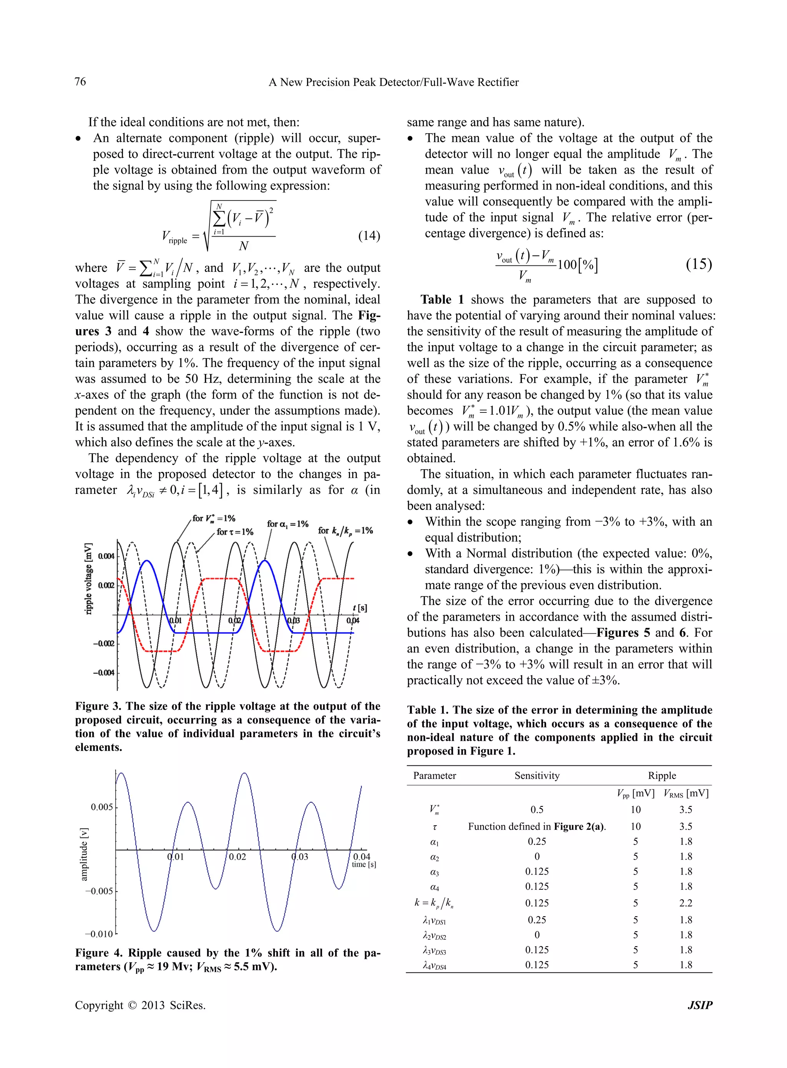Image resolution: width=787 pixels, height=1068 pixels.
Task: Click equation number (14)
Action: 369,236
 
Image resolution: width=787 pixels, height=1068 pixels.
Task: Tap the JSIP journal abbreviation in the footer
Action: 700,1005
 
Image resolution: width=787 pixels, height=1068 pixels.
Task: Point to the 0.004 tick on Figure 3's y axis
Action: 106,556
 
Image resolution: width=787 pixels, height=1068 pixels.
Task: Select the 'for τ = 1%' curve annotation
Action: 235,532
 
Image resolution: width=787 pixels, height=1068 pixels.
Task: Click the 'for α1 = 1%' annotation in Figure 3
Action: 287,524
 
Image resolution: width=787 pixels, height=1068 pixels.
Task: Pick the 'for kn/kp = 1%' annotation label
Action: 345,530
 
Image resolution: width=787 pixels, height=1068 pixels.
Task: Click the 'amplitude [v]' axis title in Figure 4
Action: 84,854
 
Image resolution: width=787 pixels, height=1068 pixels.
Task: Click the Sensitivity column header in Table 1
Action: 537,776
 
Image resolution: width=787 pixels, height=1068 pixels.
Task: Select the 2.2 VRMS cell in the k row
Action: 686,903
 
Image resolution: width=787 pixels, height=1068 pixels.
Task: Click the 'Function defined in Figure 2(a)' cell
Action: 537,826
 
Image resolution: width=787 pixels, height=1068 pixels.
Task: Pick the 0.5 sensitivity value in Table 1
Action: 537,810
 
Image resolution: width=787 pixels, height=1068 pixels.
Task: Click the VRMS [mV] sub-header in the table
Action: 686,793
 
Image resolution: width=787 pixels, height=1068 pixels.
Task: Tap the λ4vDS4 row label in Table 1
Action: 435,965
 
